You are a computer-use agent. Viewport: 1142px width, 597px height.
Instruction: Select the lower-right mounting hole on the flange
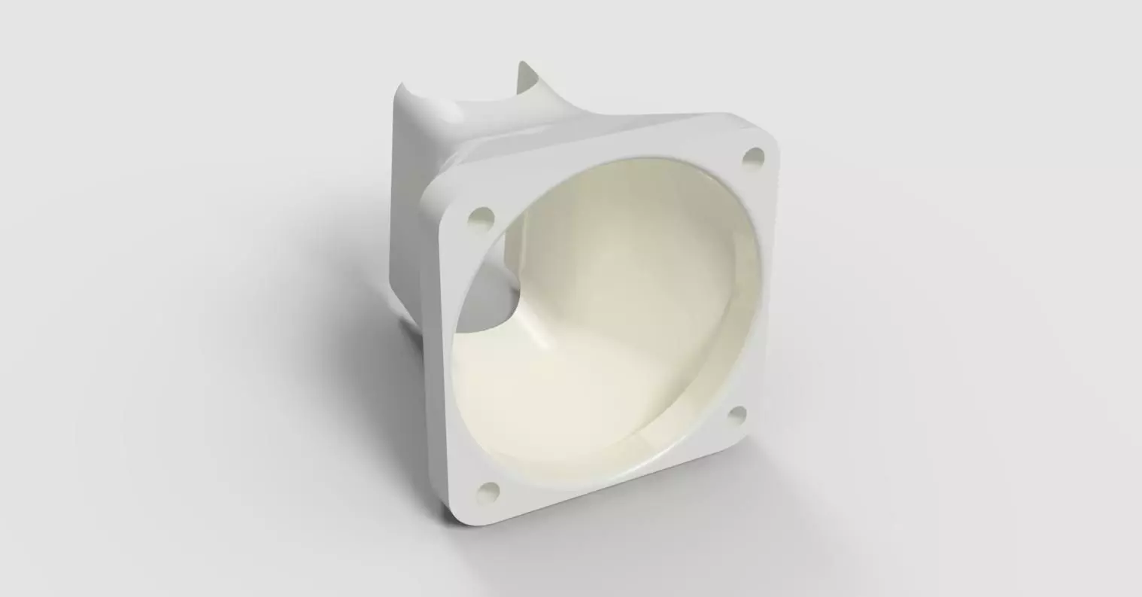pyautogui.click(x=738, y=413)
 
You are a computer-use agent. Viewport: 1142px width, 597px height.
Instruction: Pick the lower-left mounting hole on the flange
pyautogui.click(x=488, y=490)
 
